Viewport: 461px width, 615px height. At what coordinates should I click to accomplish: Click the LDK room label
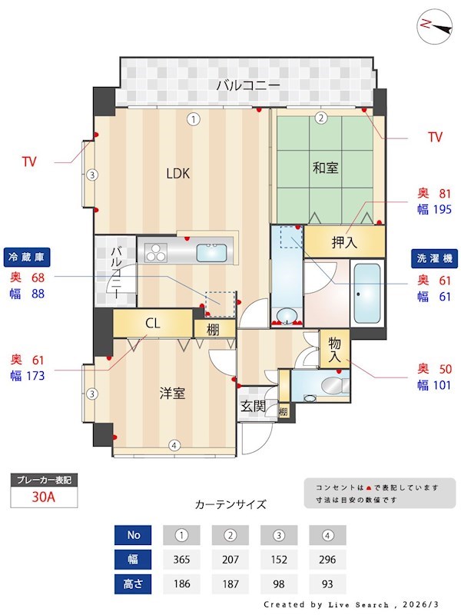coord(177,173)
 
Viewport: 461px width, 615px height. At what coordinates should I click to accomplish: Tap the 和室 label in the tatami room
coord(326,167)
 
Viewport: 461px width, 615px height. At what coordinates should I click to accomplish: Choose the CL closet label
coord(152,324)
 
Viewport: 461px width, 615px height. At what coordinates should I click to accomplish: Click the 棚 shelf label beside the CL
coord(211,329)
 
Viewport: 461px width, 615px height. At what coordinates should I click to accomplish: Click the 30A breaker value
coord(44,497)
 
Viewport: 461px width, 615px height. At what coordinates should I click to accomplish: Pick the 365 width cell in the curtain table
coord(181,559)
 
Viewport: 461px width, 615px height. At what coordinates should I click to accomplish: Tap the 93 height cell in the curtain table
coord(327,583)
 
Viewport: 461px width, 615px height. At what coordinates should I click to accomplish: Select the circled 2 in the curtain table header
coord(230,535)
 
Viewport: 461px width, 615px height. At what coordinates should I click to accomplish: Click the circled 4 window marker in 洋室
coord(174,445)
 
